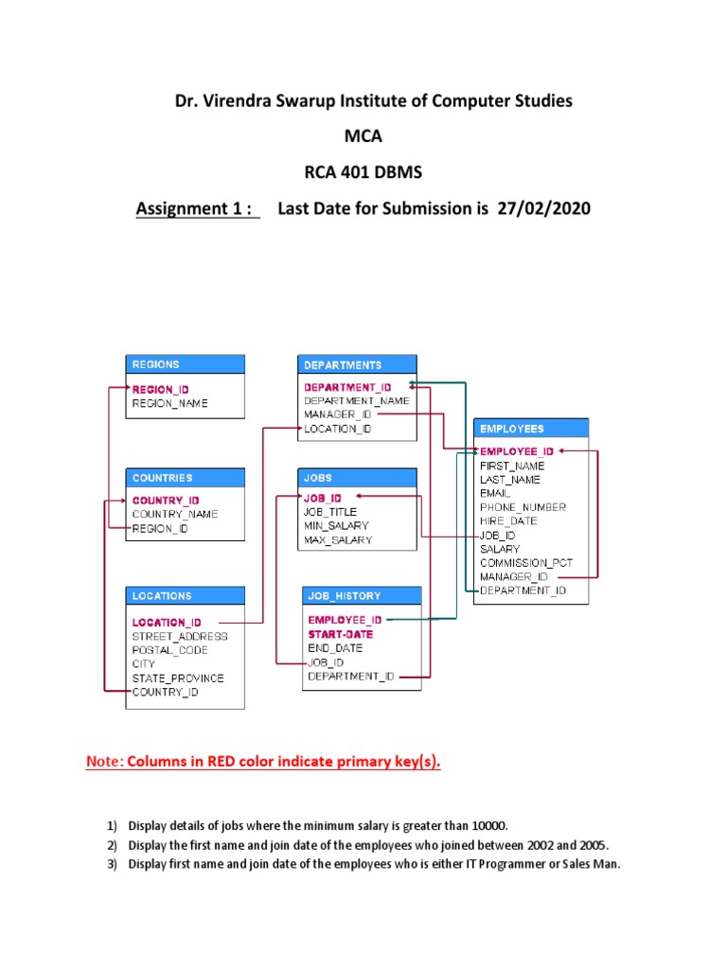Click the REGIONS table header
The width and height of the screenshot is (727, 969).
click(x=185, y=364)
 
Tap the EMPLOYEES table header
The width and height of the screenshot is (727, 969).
click(x=530, y=429)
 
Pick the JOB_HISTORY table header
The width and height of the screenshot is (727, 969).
click(x=359, y=596)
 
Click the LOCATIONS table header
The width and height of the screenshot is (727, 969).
click(x=185, y=596)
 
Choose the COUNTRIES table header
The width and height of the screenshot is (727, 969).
click(x=185, y=478)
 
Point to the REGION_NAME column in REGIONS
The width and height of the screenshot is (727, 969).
click(x=170, y=404)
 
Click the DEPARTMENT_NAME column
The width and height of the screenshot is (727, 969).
click(x=357, y=400)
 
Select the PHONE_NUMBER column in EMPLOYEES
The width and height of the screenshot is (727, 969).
click(x=523, y=507)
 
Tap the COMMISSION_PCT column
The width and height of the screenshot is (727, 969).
click(x=526, y=562)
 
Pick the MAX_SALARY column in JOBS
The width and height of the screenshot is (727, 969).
click(x=338, y=540)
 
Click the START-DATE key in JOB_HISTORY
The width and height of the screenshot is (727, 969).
click(x=341, y=634)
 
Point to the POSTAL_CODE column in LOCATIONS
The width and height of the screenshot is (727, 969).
click(x=170, y=650)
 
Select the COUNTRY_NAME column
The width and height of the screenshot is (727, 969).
click(x=175, y=514)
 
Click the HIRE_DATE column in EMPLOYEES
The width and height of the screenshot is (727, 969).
click(x=508, y=520)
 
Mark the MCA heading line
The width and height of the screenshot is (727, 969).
click(x=363, y=136)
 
